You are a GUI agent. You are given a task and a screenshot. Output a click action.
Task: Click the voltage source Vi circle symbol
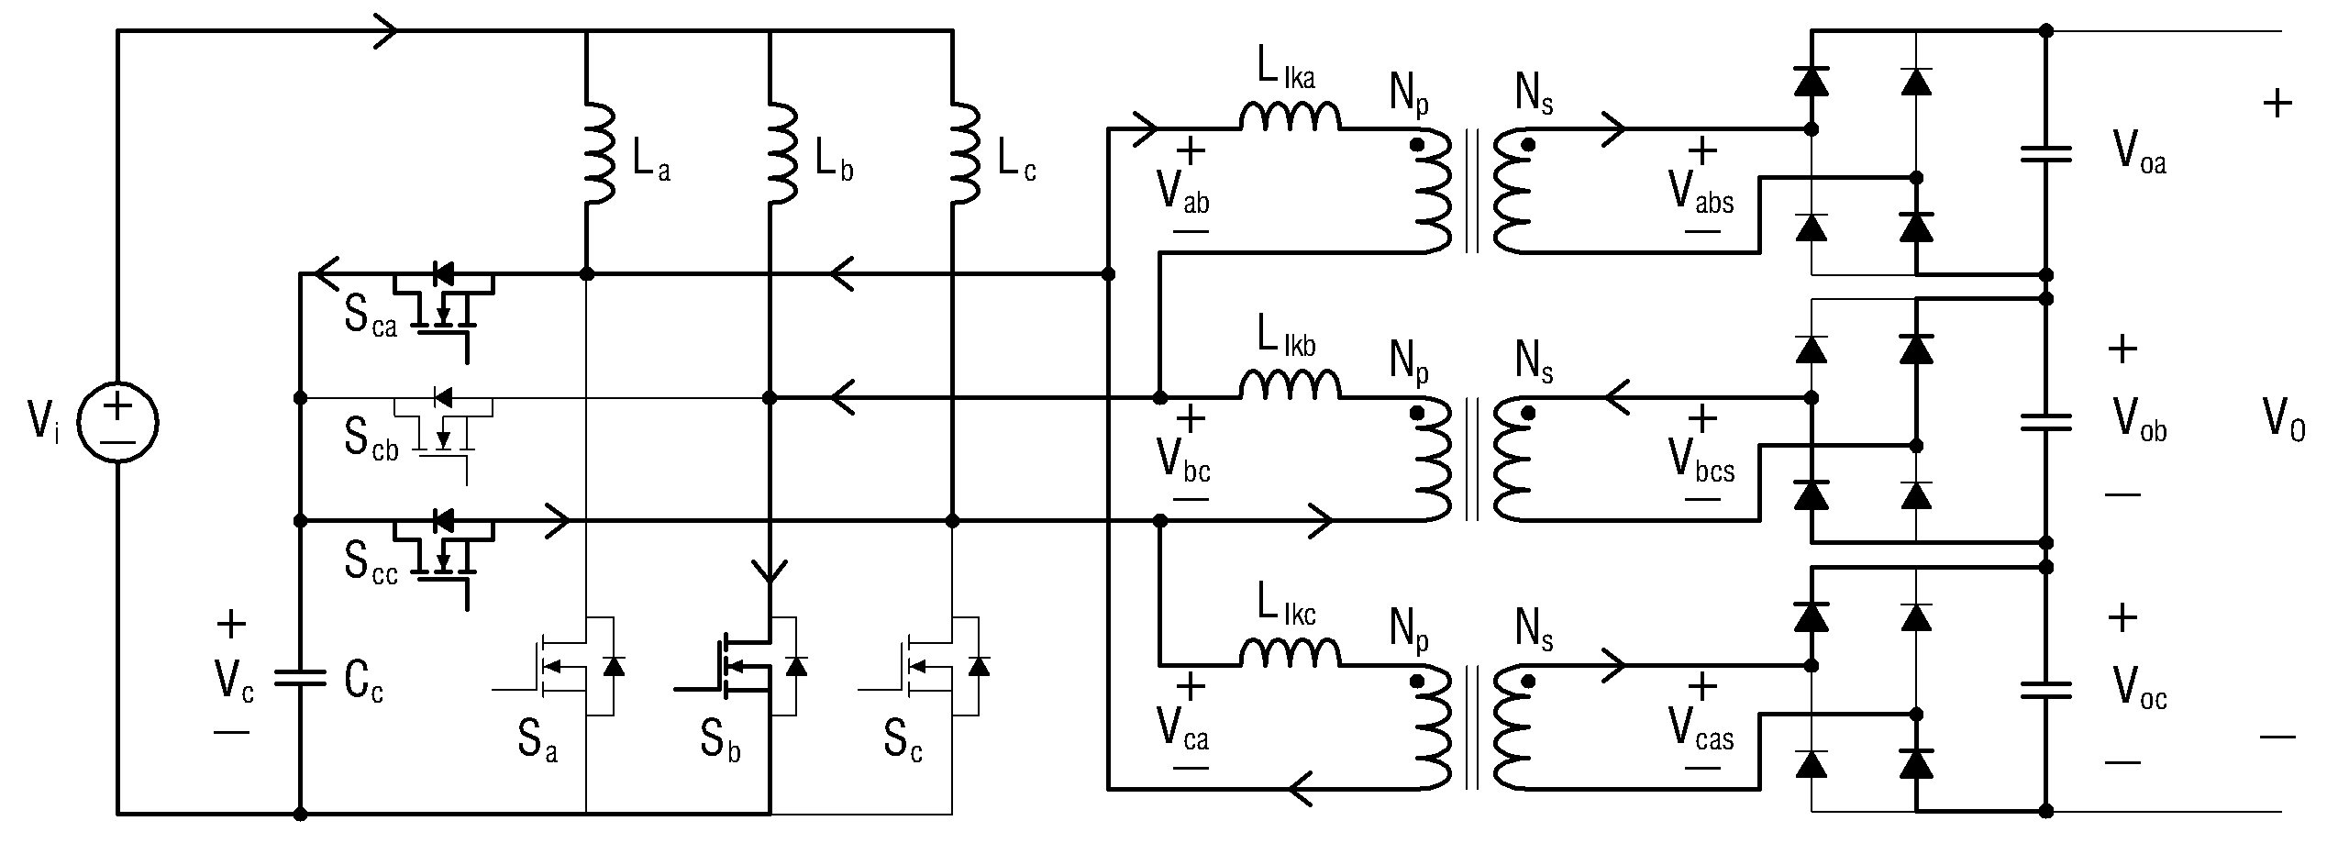coord(117,422)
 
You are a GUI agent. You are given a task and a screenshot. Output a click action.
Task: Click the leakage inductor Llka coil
coord(1291,116)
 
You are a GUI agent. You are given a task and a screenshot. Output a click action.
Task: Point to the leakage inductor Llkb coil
coord(1291,385)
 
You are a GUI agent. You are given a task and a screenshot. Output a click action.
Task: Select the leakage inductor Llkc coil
coord(1291,652)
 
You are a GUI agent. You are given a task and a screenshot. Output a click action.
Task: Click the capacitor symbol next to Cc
coord(300,679)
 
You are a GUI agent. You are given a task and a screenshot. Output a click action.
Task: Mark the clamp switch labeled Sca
coord(444,307)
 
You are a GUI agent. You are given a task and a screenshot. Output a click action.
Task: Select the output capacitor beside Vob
coord(2046,423)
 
